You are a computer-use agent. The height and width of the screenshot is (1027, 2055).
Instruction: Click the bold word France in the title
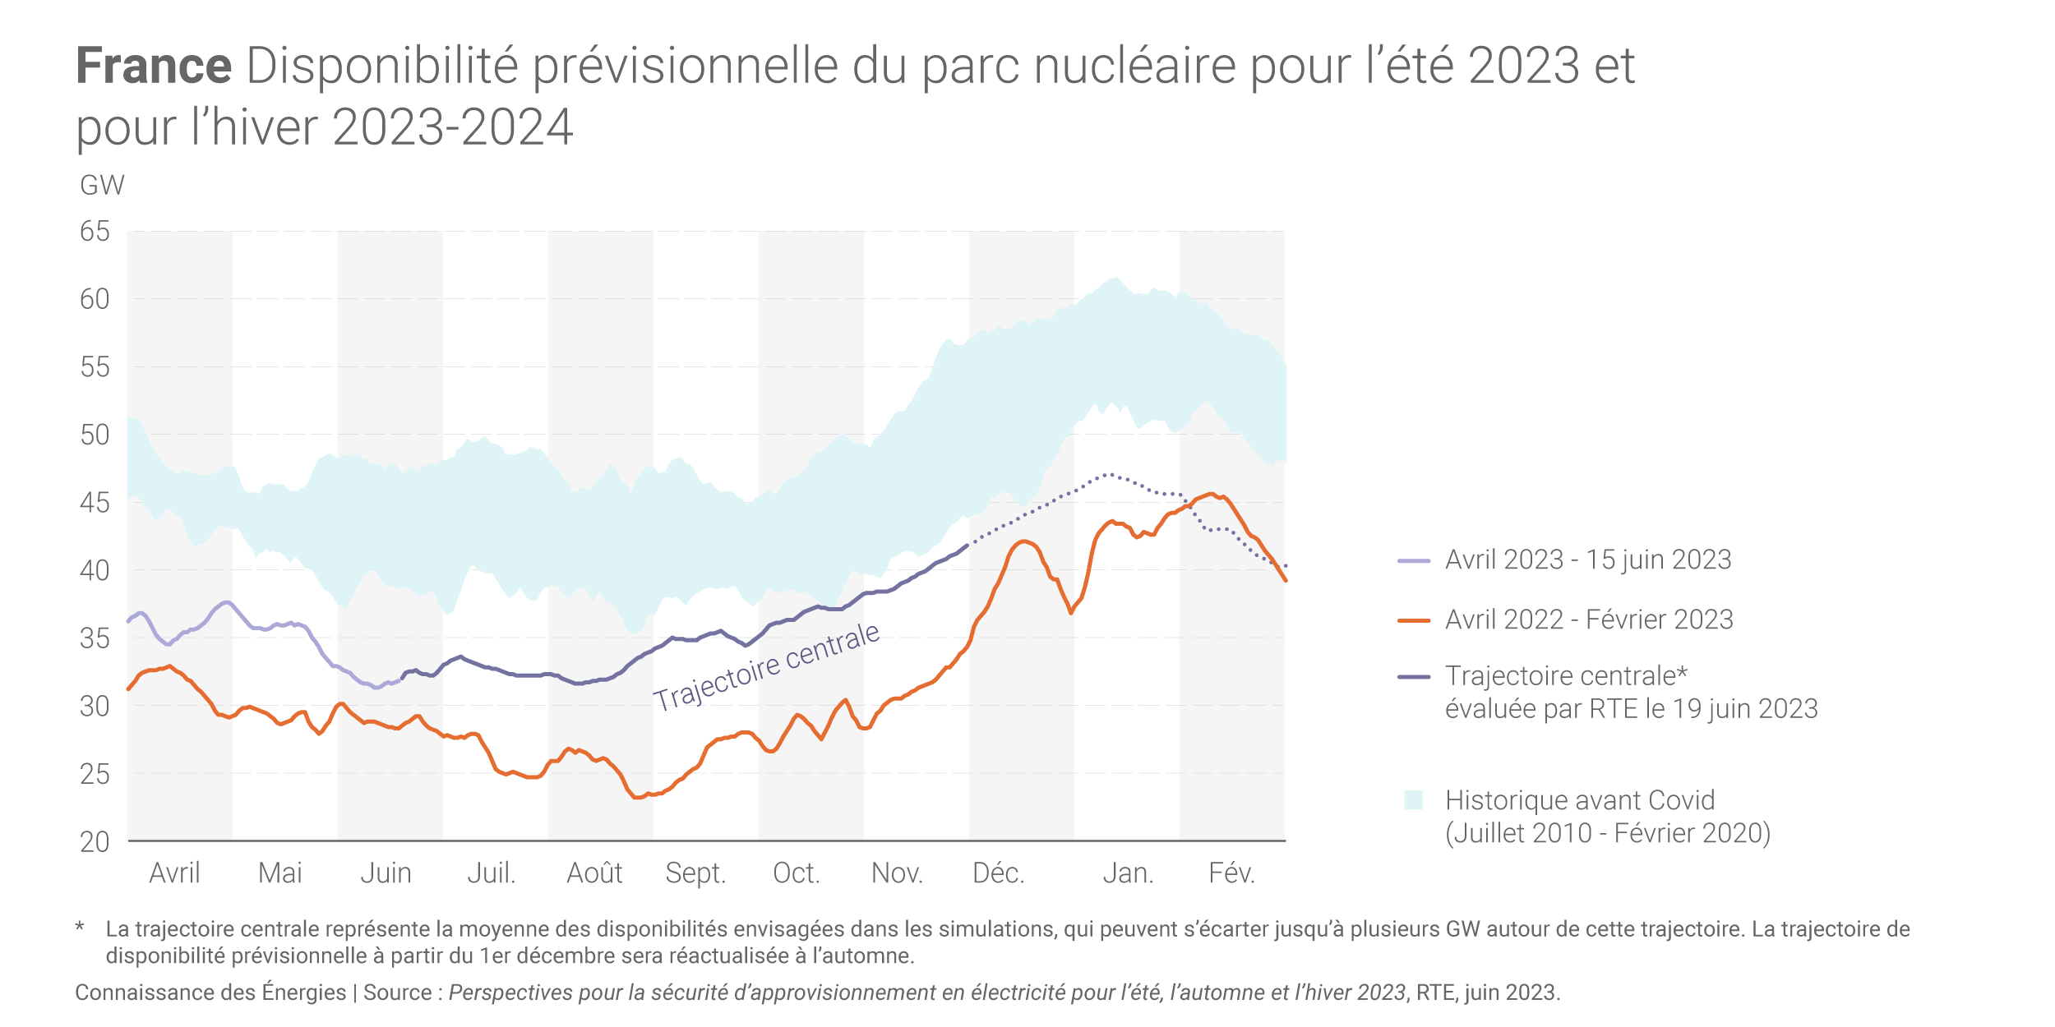[x=154, y=66]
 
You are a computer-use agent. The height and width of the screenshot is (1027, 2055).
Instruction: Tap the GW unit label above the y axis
[x=102, y=186]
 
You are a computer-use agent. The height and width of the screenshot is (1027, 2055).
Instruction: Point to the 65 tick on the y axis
[x=95, y=232]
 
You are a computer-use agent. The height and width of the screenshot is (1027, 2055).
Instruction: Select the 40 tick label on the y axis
[x=95, y=570]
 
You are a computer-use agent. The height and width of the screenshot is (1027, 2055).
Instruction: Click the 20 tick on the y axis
[x=95, y=841]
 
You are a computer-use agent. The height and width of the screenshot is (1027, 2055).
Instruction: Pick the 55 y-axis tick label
[x=95, y=367]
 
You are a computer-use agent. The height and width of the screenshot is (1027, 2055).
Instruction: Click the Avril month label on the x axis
[x=174, y=873]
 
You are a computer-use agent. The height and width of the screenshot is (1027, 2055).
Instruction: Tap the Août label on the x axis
[x=594, y=873]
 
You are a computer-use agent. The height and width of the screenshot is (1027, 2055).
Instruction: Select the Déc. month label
[x=999, y=873]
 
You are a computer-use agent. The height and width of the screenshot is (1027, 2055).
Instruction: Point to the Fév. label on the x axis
[x=1231, y=873]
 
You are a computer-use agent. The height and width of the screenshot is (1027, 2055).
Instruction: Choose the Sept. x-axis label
[x=695, y=873]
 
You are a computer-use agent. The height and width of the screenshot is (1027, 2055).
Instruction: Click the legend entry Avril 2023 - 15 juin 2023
[x=1588, y=560]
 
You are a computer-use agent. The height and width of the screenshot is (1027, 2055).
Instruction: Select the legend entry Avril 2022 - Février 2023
[x=1589, y=619]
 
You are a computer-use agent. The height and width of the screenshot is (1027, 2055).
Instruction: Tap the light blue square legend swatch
[x=1414, y=800]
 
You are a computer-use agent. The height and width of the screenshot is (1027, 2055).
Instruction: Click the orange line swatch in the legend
[x=1414, y=620]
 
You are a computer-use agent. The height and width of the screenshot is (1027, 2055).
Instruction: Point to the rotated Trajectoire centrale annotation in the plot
[x=766, y=666]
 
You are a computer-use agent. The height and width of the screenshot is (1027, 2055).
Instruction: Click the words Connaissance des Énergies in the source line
[x=210, y=992]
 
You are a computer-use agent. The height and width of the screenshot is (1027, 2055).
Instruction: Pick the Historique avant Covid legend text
[x=1580, y=800]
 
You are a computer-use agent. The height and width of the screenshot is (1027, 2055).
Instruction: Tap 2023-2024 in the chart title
[x=452, y=127]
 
